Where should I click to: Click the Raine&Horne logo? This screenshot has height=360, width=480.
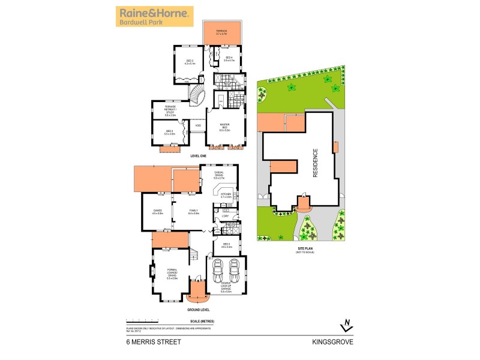tap(155, 16)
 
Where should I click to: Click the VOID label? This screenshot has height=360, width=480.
tap(198, 125)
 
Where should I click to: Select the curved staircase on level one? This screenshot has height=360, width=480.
tap(199, 95)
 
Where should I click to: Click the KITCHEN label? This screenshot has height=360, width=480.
tap(226, 196)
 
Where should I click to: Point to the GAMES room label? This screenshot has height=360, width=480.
tap(158, 211)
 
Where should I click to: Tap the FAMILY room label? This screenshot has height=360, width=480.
tap(193, 211)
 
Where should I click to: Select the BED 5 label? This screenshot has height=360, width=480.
tap(226, 245)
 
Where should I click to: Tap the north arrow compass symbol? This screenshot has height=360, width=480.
tap(345, 324)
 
